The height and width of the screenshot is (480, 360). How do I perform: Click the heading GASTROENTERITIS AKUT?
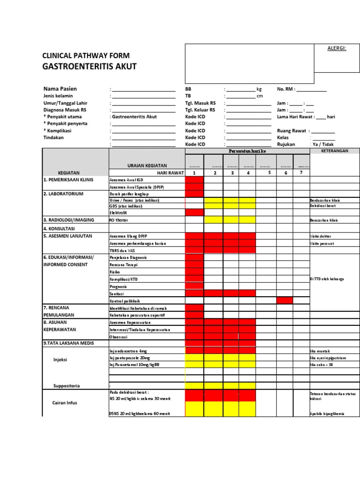[x=89, y=67]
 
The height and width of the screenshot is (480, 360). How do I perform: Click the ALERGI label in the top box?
[x=336, y=48]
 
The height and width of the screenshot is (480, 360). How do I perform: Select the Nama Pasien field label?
[x=60, y=89]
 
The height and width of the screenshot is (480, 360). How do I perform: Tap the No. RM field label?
[x=286, y=89]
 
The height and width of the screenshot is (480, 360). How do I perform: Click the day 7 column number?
[x=301, y=172]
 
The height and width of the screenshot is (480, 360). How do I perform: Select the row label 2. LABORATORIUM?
[x=63, y=194]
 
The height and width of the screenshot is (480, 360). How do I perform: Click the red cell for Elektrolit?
[x=195, y=212]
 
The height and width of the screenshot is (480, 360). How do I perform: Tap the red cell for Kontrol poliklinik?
[x=285, y=300]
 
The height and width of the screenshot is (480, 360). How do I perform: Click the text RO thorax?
[x=119, y=220]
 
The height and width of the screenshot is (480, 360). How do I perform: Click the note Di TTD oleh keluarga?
[x=327, y=279]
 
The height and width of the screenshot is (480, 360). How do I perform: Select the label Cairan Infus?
[x=65, y=403]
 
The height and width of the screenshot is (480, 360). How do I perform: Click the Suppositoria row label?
[x=67, y=386]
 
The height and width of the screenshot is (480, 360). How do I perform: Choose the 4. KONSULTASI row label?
[x=59, y=228]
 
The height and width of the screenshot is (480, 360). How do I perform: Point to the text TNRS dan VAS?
[x=123, y=251]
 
